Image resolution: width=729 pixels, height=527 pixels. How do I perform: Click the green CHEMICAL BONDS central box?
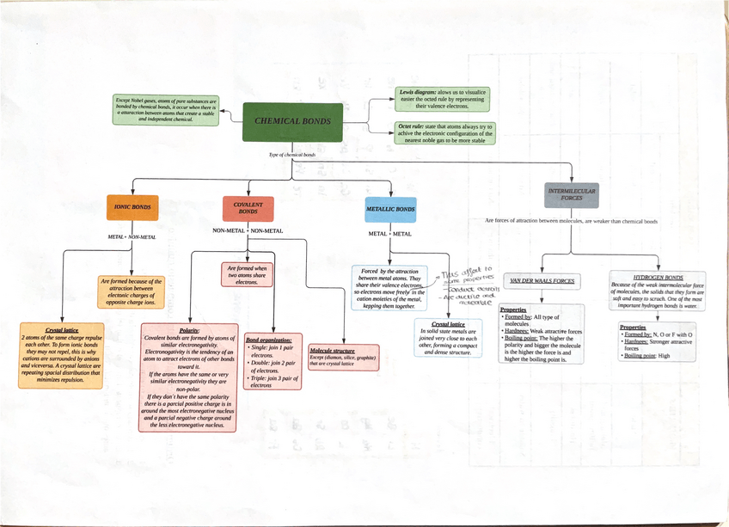(292, 122)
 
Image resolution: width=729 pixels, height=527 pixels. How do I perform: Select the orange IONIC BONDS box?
(132, 207)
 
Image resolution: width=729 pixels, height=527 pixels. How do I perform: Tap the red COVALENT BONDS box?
(248, 207)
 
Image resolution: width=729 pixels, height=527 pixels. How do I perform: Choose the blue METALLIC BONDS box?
(390, 209)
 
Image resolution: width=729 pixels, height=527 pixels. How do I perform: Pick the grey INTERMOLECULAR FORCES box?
(572, 194)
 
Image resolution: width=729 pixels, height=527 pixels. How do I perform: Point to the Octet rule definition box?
(445, 133)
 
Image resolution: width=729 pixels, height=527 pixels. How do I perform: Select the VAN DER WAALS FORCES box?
(542, 281)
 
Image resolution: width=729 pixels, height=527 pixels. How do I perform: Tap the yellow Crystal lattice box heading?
(62, 331)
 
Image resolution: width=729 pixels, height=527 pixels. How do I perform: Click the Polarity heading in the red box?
(189, 331)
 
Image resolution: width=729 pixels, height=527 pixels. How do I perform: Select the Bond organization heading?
(268, 340)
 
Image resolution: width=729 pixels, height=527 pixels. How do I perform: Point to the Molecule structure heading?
(332, 351)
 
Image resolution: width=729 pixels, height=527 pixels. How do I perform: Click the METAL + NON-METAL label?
(132, 236)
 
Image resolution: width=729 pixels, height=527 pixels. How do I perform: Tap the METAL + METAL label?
(389, 234)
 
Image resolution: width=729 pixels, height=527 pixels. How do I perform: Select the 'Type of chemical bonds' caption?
(292, 155)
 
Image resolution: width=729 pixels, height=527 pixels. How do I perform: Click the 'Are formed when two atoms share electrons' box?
(247, 274)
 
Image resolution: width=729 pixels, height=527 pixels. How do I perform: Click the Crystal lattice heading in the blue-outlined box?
(448, 324)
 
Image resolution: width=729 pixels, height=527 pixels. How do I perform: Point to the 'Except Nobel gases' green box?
(166, 110)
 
